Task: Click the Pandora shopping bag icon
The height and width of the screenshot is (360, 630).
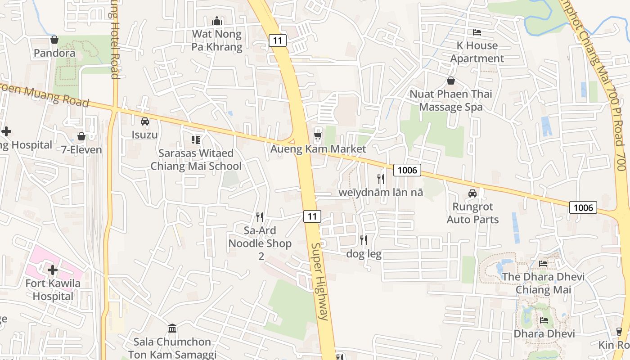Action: pyautogui.click(x=54, y=40)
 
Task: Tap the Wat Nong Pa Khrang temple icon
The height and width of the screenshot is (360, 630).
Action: pyautogui.click(x=217, y=21)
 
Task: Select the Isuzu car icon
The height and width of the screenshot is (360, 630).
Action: pyautogui.click(x=145, y=121)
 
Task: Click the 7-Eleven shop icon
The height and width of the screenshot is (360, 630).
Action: pyautogui.click(x=81, y=136)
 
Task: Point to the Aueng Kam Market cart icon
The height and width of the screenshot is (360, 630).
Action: pyautogui.click(x=318, y=135)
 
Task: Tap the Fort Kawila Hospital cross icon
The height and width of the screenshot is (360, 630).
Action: pyautogui.click(x=53, y=270)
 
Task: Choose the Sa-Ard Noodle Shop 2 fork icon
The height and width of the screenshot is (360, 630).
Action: pyautogui.click(x=260, y=217)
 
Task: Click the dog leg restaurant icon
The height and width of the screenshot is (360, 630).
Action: pyautogui.click(x=364, y=240)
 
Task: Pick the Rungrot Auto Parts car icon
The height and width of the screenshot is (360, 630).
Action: pyautogui.click(x=472, y=193)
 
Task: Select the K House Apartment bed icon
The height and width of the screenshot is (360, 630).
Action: pyautogui.click(x=477, y=32)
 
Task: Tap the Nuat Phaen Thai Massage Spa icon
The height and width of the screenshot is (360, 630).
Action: pyautogui.click(x=450, y=81)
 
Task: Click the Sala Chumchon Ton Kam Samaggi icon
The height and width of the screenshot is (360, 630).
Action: pyautogui.click(x=172, y=328)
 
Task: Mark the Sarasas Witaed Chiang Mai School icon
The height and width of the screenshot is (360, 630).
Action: pyautogui.click(x=195, y=140)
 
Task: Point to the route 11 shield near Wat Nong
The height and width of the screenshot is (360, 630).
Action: pyautogui.click(x=278, y=40)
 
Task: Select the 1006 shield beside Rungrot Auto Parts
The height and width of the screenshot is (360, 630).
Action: pyautogui.click(x=583, y=207)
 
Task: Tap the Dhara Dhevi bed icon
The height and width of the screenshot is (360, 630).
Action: pyautogui.click(x=544, y=320)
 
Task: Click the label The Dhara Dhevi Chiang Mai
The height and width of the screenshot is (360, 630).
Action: pyautogui.click(x=543, y=283)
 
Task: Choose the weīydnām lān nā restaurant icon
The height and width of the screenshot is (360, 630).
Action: pyautogui.click(x=381, y=179)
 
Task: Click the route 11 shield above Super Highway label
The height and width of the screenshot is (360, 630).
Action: pyautogui.click(x=312, y=216)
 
